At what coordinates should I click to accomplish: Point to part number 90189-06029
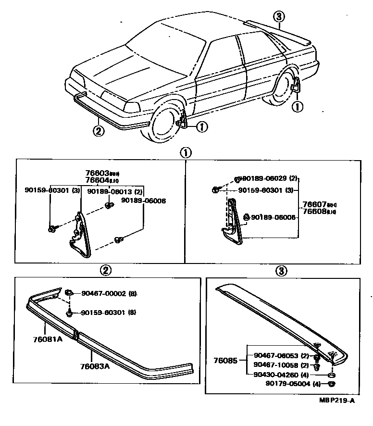click(263, 178)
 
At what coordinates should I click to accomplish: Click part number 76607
click(313, 204)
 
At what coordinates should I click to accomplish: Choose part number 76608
click(313, 211)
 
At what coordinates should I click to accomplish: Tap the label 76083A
click(95, 366)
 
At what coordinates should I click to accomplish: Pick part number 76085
click(226, 360)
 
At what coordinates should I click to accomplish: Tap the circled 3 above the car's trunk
click(279, 17)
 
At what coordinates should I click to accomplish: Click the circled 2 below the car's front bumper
click(98, 130)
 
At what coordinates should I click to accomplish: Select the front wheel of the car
click(164, 126)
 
